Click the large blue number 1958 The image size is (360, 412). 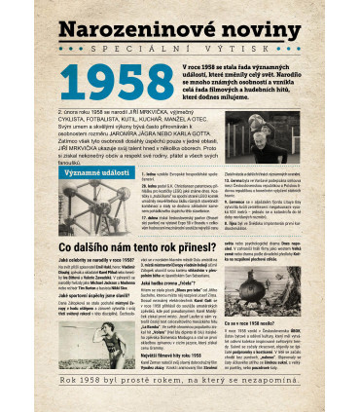124,87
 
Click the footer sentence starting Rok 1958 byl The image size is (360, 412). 180,399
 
